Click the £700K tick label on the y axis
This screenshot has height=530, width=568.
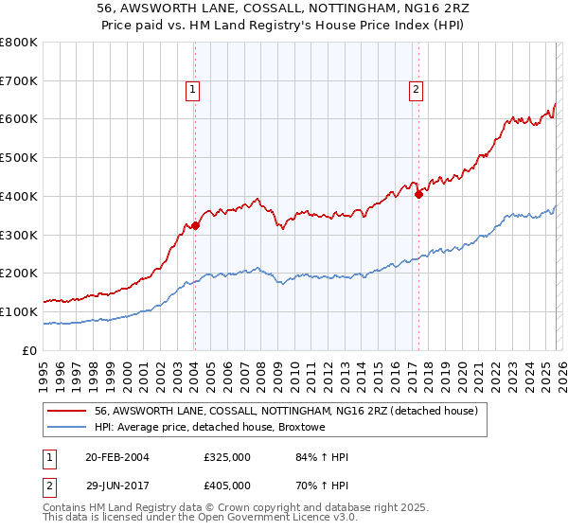pos(19,81)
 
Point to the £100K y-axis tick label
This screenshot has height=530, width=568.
pos(19,311)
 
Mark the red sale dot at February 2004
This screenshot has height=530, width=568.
pos(195,225)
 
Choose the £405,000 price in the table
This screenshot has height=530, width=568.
pos(227,485)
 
